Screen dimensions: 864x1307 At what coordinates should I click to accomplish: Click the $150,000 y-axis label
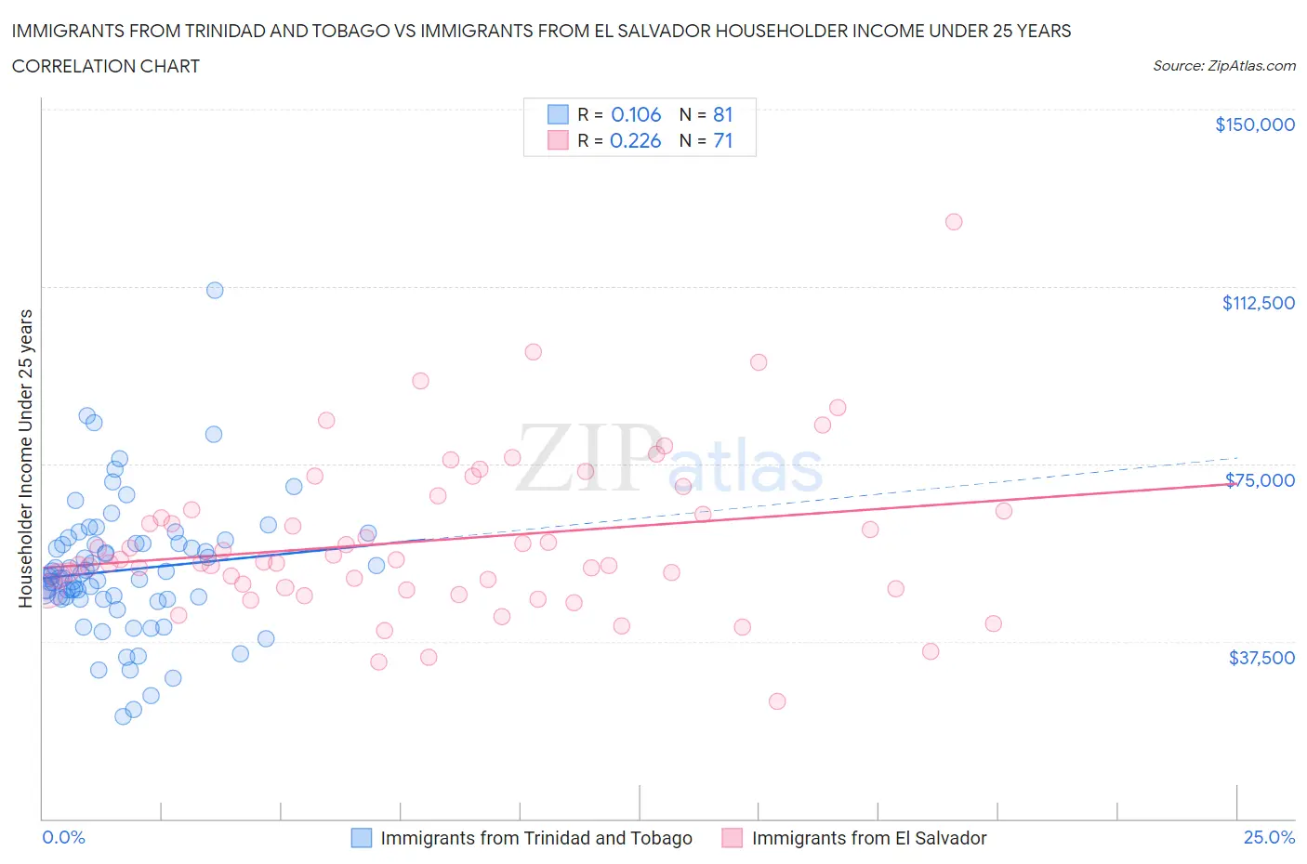click(x=1254, y=124)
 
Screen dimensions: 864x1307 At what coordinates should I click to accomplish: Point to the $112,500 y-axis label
click(x=1258, y=303)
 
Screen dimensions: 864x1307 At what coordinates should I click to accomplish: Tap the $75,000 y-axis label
click(x=1260, y=480)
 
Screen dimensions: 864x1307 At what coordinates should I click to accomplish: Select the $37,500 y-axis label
click(x=1261, y=658)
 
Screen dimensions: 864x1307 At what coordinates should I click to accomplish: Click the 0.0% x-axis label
click(x=63, y=837)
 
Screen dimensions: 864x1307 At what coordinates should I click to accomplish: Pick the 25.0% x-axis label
click(x=1269, y=837)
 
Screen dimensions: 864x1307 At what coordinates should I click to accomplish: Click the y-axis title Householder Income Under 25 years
click(x=25, y=458)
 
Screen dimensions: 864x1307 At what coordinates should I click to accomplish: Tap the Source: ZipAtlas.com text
click(x=1223, y=66)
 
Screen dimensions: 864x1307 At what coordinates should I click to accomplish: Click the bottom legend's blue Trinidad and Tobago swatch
click(x=362, y=838)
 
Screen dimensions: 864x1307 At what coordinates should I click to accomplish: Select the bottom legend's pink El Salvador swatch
click(x=733, y=838)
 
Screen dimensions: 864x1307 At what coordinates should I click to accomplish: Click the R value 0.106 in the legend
click(x=636, y=114)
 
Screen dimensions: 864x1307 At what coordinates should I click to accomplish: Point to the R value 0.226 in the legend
click(x=636, y=140)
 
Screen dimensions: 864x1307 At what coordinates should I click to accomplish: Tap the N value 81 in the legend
click(x=722, y=114)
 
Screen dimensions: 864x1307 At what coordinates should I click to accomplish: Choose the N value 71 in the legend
click(x=722, y=140)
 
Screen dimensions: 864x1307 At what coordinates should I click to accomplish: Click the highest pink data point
click(x=954, y=222)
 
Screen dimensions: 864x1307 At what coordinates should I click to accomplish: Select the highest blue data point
click(x=215, y=290)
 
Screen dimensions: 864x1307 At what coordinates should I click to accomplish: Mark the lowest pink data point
click(x=777, y=701)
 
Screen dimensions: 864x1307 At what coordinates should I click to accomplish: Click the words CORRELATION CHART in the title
click(x=106, y=66)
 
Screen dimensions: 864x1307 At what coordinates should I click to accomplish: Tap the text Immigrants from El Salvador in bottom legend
click(x=868, y=838)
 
